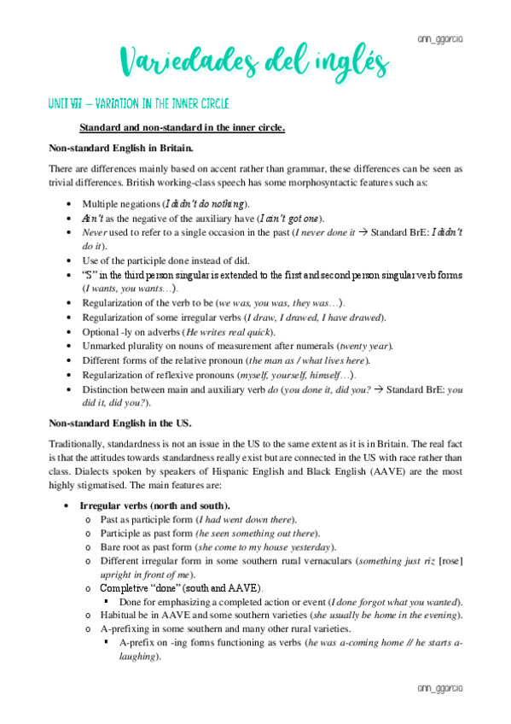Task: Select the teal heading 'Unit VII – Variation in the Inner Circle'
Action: click(138, 104)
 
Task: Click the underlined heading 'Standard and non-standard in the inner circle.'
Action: click(182, 128)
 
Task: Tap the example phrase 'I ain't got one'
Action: click(289, 219)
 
